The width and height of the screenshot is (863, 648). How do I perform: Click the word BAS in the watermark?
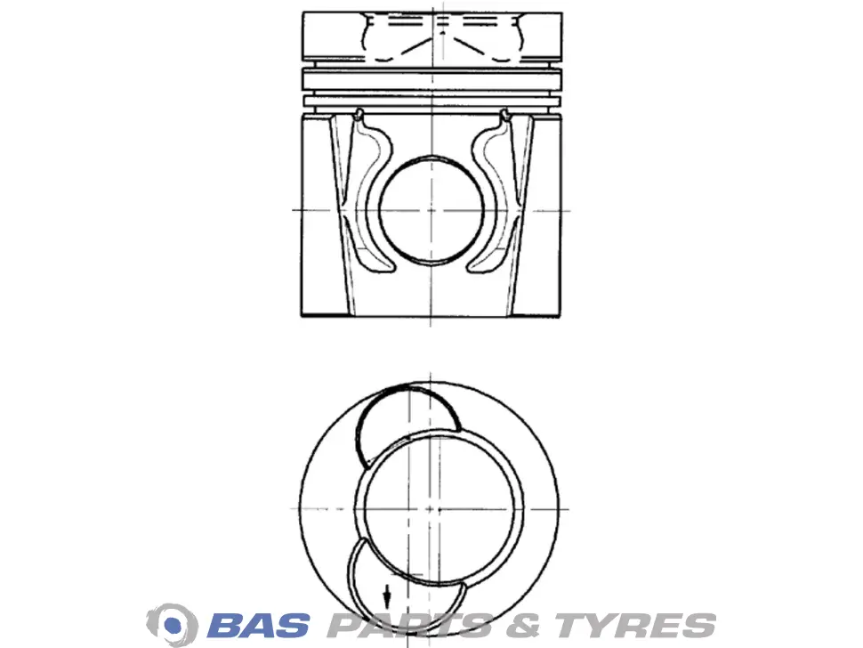click(258, 626)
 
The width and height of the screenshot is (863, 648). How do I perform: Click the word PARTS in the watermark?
click(410, 626)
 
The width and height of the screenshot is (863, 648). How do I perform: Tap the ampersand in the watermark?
click(522, 626)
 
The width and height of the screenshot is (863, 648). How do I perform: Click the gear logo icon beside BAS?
click(173, 624)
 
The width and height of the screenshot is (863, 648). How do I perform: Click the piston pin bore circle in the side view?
click(431, 210)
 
